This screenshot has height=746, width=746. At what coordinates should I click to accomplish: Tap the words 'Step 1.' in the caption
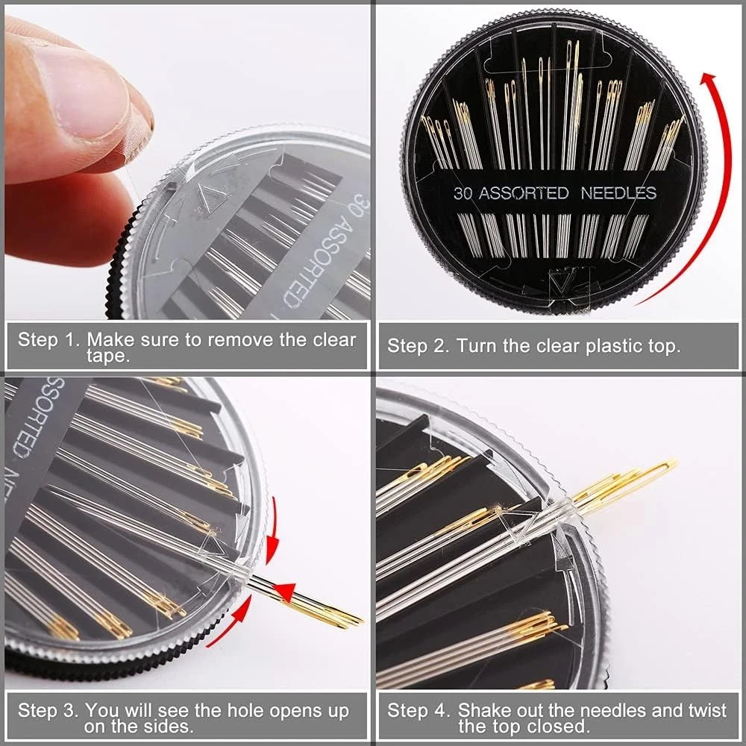[x=48, y=340]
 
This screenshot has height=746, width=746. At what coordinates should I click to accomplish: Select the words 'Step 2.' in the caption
[x=418, y=346]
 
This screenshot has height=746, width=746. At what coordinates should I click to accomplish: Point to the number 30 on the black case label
[x=463, y=193]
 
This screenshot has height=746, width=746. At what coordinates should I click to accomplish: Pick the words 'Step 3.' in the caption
[x=48, y=711]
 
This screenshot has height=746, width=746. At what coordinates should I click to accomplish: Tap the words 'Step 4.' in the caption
[x=418, y=711]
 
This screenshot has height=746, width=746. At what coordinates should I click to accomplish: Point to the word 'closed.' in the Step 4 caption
[x=559, y=727]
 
